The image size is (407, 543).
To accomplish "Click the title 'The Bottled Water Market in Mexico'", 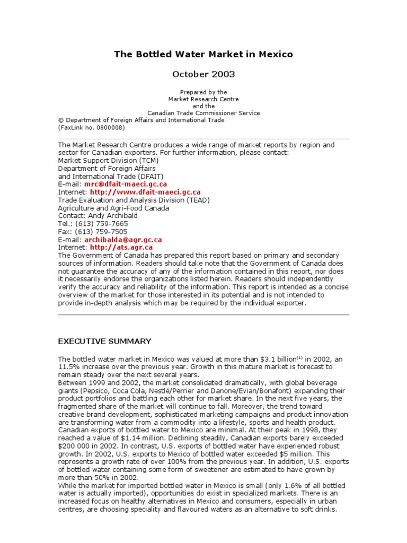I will click(x=203, y=55).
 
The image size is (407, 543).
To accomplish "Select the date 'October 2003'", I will click(x=203, y=74).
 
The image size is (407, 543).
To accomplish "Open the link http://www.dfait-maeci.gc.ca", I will click(x=145, y=192).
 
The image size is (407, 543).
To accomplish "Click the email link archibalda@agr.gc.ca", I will click(x=123, y=240).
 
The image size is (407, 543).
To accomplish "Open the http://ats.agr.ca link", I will click(x=121, y=248).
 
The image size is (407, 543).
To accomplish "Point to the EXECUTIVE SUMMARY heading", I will click(x=104, y=341).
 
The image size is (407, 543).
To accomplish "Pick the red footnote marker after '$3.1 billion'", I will click(x=299, y=357).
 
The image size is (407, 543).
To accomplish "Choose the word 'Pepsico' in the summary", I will click(x=97, y=390).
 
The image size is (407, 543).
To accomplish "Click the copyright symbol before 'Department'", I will click(x=60, y=120).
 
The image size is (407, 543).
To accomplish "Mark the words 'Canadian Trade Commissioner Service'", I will click(x=203, y=113).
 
